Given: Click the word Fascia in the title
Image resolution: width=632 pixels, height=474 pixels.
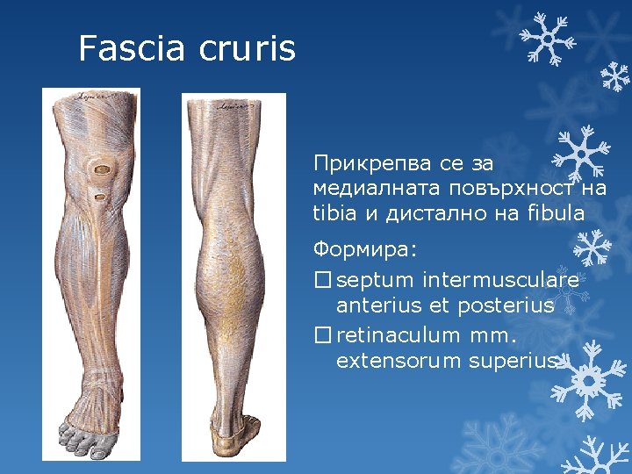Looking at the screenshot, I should pyautogui.click(x=133, y=48).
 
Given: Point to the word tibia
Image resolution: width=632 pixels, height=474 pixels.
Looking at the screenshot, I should pyautogui.click(x=333, y=212).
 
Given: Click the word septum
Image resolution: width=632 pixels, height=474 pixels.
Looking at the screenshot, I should pyautogui.click(x=375, y=281).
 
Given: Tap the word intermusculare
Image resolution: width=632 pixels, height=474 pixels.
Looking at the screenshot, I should pyautogui.click(x=499, y=281).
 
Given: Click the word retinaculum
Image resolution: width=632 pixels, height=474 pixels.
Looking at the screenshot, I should pyautogui.click(x=398, y=336).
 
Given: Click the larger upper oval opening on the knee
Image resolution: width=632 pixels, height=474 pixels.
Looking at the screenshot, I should pyautogui.click(x=104, y=168).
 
